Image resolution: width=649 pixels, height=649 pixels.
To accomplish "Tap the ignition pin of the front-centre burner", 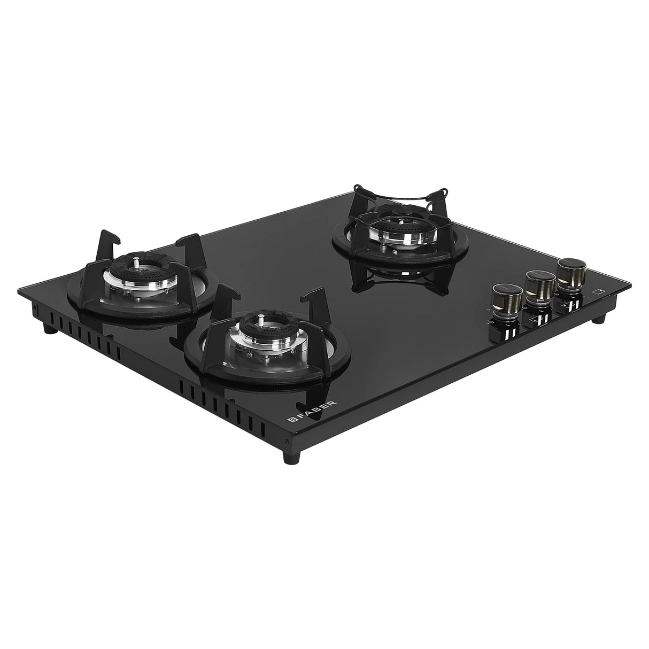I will tap(261, 320).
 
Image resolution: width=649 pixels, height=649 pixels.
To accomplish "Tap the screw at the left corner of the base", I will tap(34, 309).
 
